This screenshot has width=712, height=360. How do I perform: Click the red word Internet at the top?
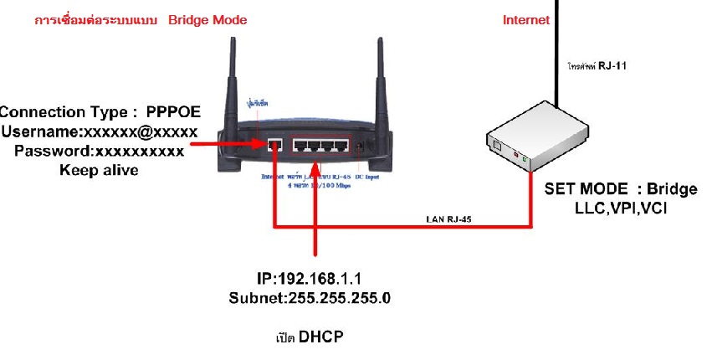click(526, 20)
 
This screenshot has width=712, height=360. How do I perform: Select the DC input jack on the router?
click(361, 146)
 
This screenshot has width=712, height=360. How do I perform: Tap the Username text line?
click(100, 131)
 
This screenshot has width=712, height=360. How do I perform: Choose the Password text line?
click(99, 151)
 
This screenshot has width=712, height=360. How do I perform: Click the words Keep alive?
click(99, 170)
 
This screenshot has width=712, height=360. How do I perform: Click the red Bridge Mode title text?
click(207, 19)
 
